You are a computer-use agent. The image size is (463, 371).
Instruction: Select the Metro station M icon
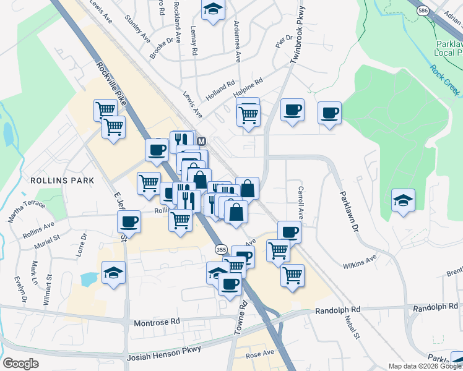[201, 141]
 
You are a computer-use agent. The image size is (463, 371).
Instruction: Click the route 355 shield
[221, 249]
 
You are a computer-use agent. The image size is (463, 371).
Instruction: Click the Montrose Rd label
[157, 322]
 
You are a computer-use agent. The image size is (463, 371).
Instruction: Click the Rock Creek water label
[445, 80]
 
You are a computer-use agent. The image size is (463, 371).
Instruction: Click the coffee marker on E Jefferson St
[129, 221]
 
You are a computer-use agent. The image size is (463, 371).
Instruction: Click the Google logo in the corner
[21, 363]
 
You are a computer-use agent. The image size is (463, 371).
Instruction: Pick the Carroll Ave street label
[301, 202]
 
